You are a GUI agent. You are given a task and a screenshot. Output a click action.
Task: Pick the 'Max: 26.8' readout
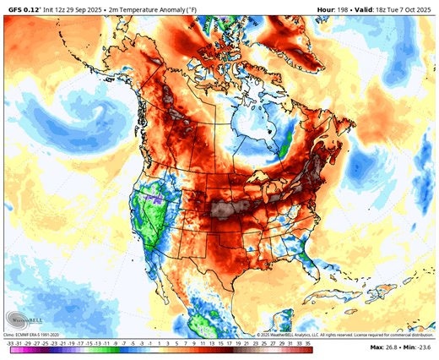pos(383,347)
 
